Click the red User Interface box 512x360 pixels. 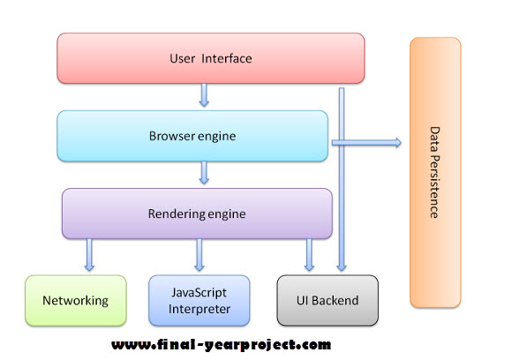click(210, 58)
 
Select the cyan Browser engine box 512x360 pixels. click(194, 136)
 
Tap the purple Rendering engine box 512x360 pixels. click(196, 213)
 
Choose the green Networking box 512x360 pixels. click(76, 300)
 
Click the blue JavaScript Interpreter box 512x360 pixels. click(199, 300)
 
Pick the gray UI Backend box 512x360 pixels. click(327, 300)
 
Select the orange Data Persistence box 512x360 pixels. click(434, 172)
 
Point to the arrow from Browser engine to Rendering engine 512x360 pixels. click(204, 173)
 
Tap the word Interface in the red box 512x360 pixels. click(228, 59)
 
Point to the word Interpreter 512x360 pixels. click(199, 308)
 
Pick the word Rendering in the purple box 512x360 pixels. click(176, 213)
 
